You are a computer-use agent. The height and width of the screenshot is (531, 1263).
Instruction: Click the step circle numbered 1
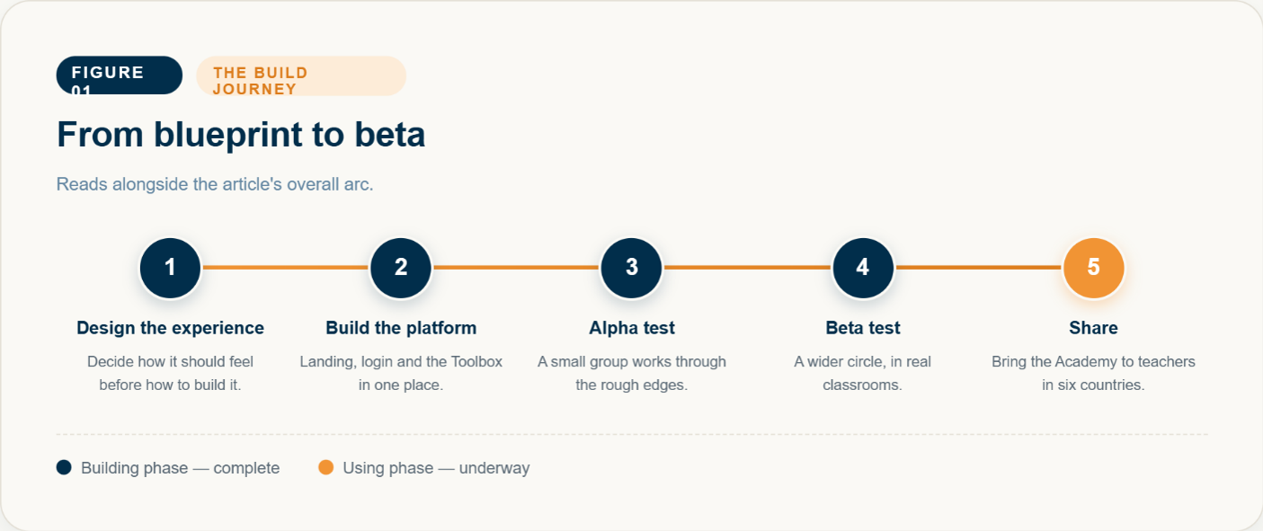click(x=170, y=268)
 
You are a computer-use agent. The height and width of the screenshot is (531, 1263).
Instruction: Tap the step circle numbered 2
click(x=401, y=268)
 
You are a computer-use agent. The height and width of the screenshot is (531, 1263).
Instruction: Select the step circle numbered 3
click(x=631, y=268)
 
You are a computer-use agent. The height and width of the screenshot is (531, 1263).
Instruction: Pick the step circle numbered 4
click(x=863, y=268)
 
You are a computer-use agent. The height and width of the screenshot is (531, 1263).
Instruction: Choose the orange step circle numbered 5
click(x=1093, y=268)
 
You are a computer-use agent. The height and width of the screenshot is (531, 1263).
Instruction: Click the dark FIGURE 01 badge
click(x=119, y=75)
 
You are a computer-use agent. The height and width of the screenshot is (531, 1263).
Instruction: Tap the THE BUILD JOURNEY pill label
click(x=301, y=75)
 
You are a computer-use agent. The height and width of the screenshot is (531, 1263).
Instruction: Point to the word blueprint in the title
click(x=227, y=136)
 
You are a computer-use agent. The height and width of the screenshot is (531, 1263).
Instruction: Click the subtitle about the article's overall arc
click(x=215, y=184)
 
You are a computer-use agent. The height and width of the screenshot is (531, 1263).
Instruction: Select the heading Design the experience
click(x=170, y=328)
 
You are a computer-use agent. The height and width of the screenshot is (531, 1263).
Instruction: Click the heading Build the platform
click(x=401, y=328)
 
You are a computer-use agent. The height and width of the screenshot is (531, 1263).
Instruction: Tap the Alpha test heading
click(x=631, y=328)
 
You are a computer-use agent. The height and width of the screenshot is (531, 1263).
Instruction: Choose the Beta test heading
click(x=863, y=328)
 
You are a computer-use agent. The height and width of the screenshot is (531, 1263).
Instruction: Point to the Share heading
click(x=1093, y=328)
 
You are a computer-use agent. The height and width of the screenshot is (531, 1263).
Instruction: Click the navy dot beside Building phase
click(x=64, y=467)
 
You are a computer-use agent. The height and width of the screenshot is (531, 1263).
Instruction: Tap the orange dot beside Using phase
click(x=326, y=467)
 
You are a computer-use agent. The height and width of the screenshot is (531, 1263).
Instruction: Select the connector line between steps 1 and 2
click(x=285, y=267)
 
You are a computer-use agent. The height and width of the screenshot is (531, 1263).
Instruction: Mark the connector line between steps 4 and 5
click(x=978, y=267)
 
